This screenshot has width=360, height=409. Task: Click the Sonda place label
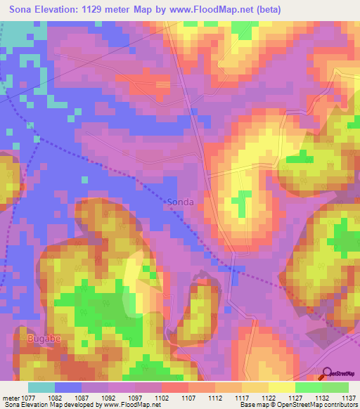click(x=181, y=202)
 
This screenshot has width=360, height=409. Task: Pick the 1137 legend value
click(x=349, y=397)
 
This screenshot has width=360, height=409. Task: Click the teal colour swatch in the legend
click(x=41, y=387)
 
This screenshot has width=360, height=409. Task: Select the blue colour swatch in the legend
click(x=68, y=387)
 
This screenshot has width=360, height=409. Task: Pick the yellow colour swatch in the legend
click(x=281, y=387)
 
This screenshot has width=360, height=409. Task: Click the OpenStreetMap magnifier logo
click(x=327, y=372)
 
